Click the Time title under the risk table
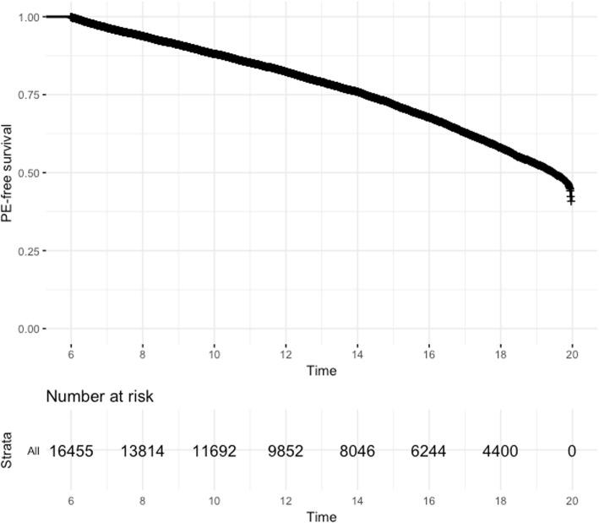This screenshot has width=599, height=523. point(321,515)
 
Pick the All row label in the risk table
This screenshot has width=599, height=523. point(33,453)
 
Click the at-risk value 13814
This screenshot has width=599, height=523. point(143,452)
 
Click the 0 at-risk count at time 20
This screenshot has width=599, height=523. point(572,452)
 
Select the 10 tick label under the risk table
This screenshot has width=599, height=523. point(215,499)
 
